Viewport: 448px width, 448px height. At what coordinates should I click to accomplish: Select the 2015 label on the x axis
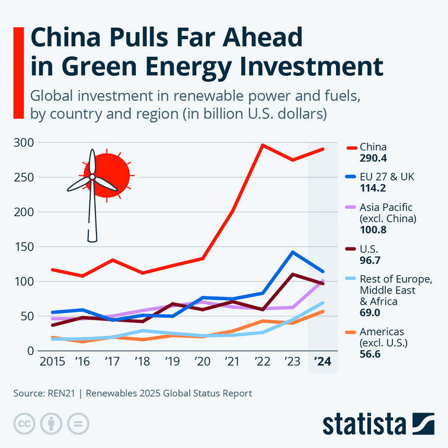click(52, 361)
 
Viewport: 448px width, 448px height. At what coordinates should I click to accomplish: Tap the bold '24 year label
click(322, 361)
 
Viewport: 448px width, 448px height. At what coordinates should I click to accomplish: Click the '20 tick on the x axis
click(202, 361)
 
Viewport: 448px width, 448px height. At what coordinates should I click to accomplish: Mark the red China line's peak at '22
click(262, 145)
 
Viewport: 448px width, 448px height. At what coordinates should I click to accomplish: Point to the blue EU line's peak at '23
click(292, 252)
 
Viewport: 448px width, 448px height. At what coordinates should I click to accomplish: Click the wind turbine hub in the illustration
click(92, 176)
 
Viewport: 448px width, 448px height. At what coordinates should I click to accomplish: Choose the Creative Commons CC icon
click(24, 424)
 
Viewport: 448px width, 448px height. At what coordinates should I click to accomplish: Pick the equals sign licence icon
click(78, 424)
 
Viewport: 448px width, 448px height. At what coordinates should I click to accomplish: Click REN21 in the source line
click(61, 393)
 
